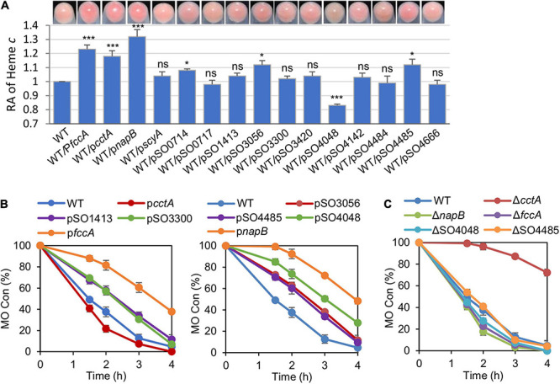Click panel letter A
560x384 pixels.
point(7,8)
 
